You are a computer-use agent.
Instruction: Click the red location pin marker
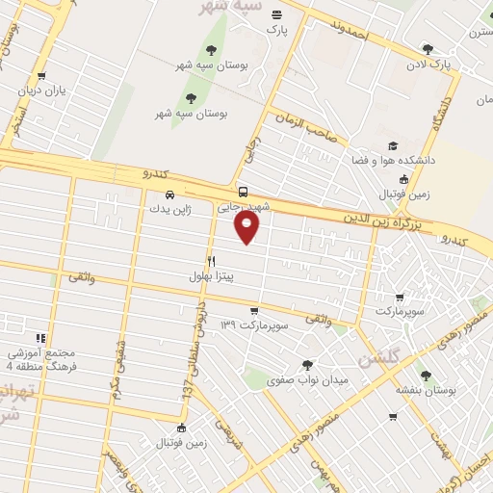[247, 227]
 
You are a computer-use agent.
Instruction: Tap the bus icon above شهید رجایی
[243, 192]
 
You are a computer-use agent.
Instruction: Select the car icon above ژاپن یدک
[169, 194]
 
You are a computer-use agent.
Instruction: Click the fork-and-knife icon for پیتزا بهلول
[211, 261]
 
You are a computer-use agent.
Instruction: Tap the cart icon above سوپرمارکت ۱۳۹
[253, 311]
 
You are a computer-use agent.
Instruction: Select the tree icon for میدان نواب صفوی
[307, 365]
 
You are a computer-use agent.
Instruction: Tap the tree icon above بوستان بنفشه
[426, 376]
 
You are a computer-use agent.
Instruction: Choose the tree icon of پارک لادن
[428, 49]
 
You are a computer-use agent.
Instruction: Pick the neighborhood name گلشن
[377, 360]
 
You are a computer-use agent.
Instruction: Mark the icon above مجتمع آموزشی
[40, 338]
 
